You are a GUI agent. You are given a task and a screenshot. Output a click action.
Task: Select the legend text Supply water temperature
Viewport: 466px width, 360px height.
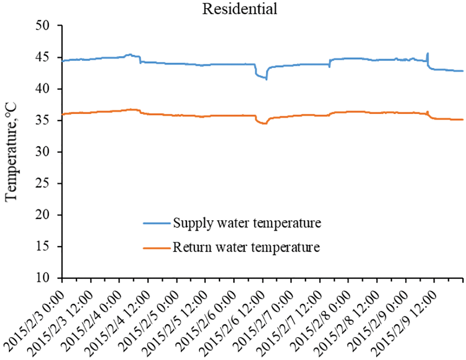tap(247, 222)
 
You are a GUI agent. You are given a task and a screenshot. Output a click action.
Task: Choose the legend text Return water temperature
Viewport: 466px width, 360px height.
tap(246, 247)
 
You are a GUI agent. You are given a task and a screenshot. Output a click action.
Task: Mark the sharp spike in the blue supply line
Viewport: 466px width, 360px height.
tap(428, 54)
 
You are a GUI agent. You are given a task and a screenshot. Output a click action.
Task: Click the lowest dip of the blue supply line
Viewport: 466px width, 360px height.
tap(266, 79)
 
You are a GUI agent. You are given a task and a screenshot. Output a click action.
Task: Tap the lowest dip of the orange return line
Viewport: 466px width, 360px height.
tap(265, 123)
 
